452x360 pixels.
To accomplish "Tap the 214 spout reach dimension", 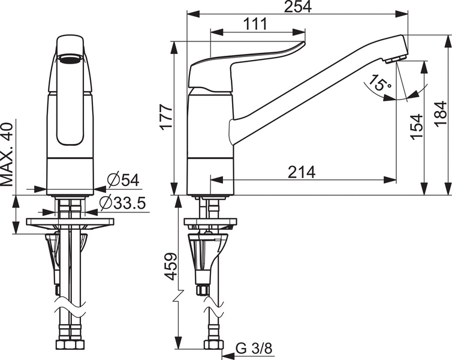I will pyautogui.click(x=302, y=172).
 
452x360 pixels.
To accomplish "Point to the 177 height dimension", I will pyautogui.click(x=166, y=117).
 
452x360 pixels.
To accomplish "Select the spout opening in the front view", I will pyautogui.click(x=70, y=58).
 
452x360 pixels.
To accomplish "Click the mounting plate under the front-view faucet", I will pyautogui.click(x=70, y=223).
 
